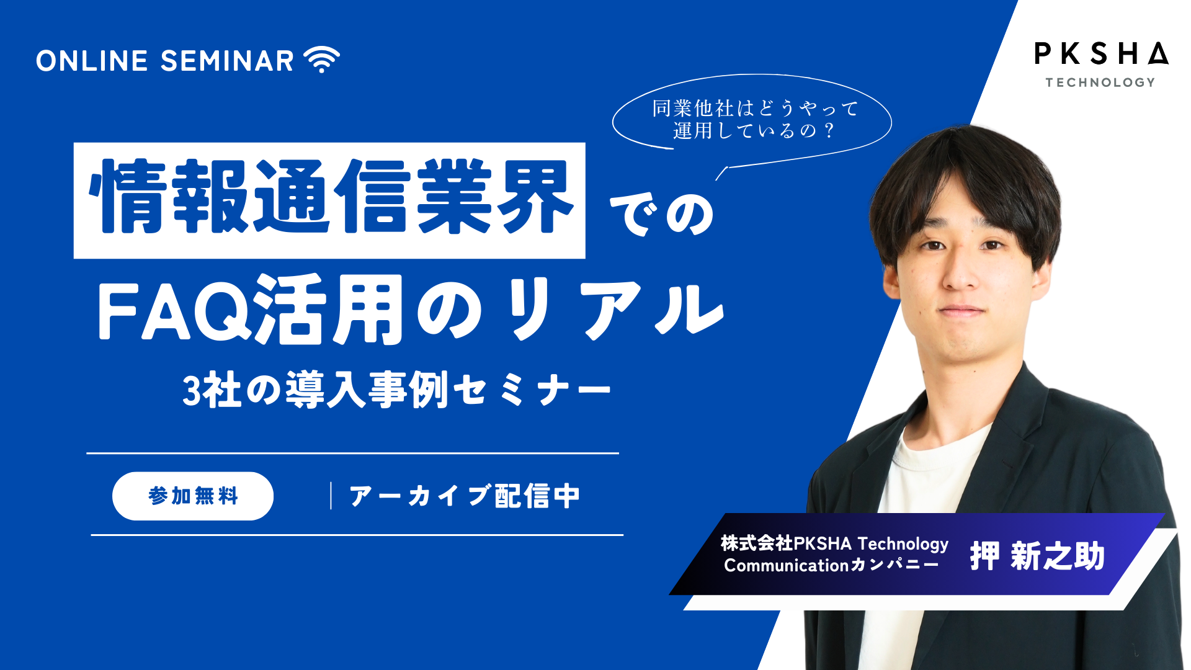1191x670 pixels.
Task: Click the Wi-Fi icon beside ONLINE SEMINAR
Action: point(321,60)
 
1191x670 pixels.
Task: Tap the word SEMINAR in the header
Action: point(227,61)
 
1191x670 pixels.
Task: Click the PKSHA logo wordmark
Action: point(1101,54)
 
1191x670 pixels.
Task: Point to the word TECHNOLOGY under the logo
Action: point(1100,83)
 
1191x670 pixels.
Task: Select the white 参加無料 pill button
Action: point(193,496)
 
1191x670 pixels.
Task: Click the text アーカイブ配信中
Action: point(464,496)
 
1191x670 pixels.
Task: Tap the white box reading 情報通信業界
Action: point(329,200)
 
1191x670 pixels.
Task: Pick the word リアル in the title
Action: point(614,309)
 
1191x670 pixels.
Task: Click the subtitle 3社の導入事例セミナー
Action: point(397,391)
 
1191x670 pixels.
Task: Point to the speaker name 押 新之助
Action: point(1037,556)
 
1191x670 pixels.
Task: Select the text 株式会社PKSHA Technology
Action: point(834,543)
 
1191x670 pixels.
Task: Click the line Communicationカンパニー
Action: point(831,565)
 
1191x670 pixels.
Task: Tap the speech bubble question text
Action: point(754,119)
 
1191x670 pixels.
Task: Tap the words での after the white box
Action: point(662,215)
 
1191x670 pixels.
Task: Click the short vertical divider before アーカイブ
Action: point(331,496)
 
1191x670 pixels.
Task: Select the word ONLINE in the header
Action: point(92,61)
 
